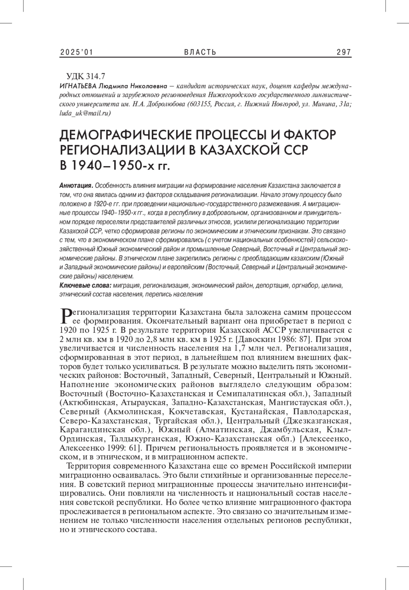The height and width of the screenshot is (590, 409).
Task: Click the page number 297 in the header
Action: pos(344,52)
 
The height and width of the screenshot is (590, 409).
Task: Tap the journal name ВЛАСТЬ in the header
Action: pos(200,52)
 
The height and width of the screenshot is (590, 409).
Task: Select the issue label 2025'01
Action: pos(77,52)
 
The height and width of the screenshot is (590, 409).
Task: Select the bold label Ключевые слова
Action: pos(86,285)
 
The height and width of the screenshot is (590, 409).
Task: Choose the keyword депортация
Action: pos(272,285)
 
